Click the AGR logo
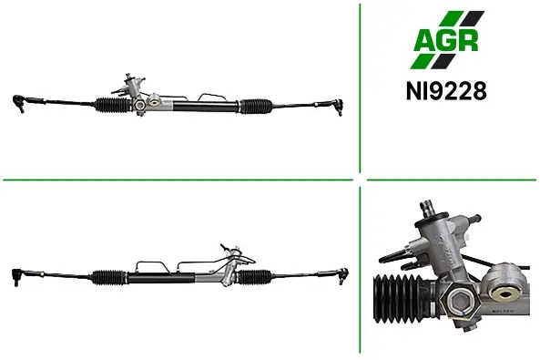point(447,40)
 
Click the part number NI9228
point(446,91)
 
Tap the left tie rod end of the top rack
point(19,103)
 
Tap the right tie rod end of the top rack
point(338,107)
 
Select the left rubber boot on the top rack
point(113,105)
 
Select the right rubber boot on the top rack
point(256,107)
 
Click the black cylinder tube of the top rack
point(205,106)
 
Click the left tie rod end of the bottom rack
point(17,276)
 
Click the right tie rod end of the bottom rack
point(343,276)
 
